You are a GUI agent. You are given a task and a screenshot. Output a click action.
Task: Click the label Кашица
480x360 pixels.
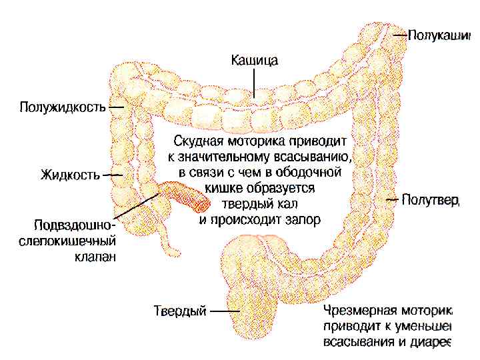(x=255, y=61)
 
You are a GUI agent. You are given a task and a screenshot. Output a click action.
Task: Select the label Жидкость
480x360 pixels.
(x=70, y=175)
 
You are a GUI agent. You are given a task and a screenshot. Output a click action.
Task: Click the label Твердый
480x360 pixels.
(x=180, y=311)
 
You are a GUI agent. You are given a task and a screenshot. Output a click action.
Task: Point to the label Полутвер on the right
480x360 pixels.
(x=431, y=200)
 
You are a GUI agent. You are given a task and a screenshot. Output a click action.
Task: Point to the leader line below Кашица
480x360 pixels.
(x=255, y=83)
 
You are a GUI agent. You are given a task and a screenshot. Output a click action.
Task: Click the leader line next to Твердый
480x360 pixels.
(x=225, y=311)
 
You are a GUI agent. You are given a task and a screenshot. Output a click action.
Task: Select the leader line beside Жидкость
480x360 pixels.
(x=113, y=175)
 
